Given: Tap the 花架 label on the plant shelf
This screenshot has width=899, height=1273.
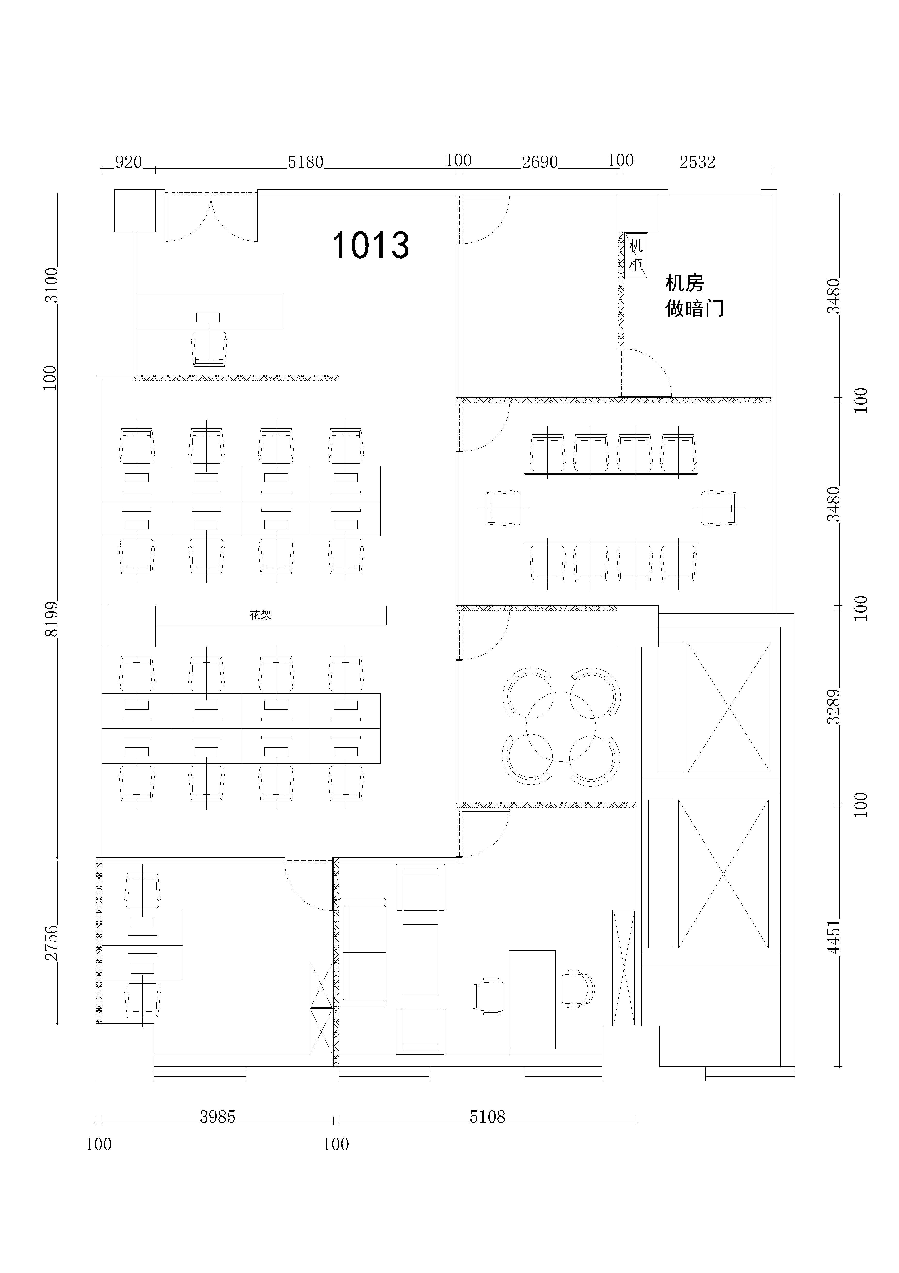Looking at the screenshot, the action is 260,615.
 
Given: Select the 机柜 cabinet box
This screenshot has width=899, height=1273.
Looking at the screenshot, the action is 636,256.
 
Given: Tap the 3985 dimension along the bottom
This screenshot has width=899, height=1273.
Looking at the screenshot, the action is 218,1117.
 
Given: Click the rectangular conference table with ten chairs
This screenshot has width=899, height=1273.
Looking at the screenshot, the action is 611,508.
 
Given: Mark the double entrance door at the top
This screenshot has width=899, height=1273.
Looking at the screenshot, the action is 211,217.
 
